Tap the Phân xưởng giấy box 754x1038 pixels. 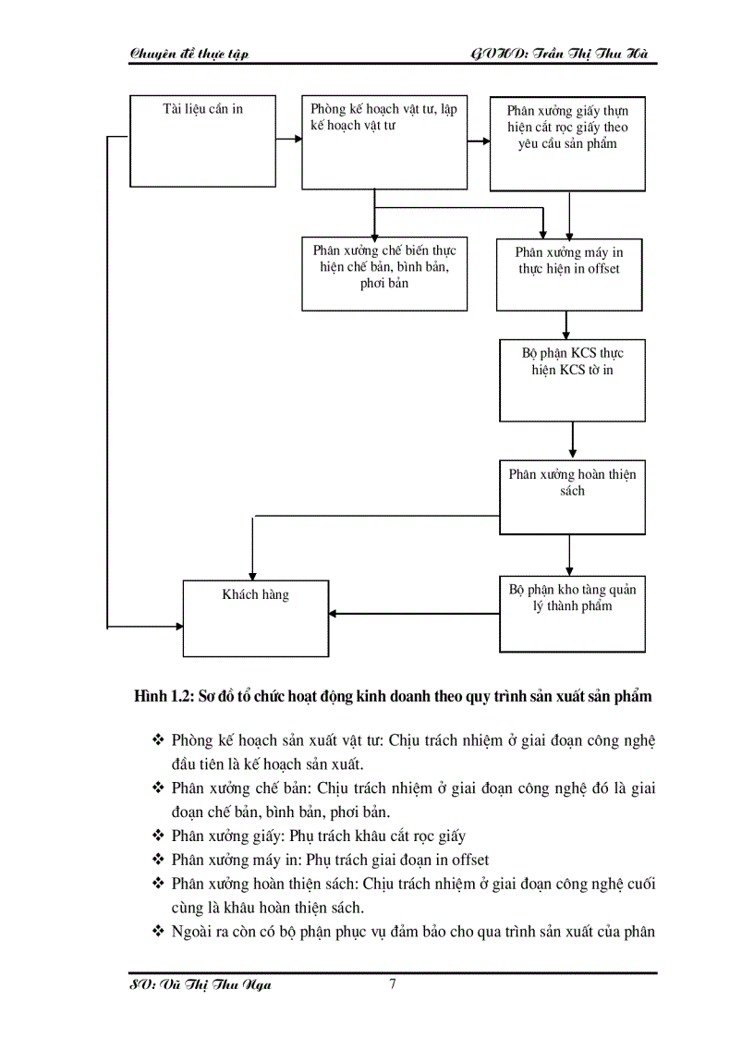tap(566, 143)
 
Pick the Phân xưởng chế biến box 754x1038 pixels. tap(383, 273)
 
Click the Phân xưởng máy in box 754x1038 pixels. tap(568, 275)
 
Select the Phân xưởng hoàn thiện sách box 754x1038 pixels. tap(572, 496)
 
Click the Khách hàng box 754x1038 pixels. tap(255, 617)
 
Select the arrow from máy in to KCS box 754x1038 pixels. tap(565, 324)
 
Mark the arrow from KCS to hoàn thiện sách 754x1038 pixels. tap(573, 441)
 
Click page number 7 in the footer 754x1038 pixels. tap(393, 984)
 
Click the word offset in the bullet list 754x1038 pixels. tap(466, 860)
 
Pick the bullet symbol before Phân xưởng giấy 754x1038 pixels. tap(156, 837)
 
